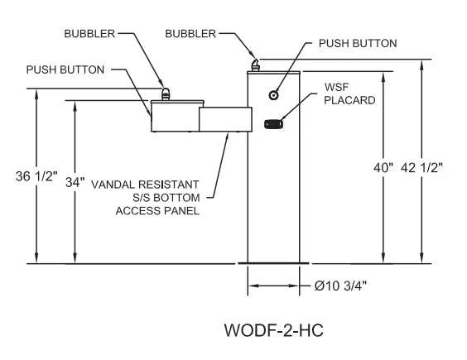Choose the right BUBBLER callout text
(x=190, y=34)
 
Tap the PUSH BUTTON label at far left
(x=65, y=70)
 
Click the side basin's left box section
(x=175, y=116)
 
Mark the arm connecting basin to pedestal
(x=224, y=118)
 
